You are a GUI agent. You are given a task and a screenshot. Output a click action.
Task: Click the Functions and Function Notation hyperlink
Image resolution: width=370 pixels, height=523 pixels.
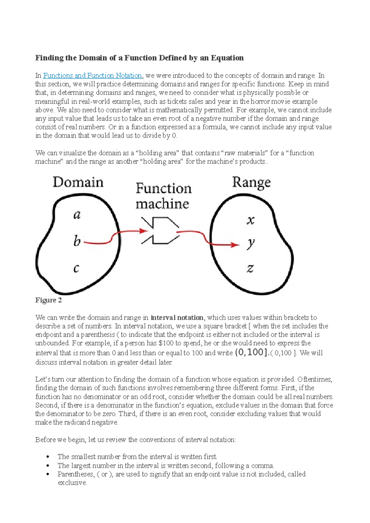[x=92, y=75]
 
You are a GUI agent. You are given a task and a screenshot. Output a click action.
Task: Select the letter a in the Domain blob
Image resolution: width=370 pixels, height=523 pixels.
[x=77, y=215]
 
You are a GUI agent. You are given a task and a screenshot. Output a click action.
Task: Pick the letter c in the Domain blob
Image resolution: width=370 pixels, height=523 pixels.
[x=76, y=269]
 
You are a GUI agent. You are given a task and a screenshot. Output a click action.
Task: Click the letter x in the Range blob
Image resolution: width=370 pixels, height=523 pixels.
[x=250, y=220]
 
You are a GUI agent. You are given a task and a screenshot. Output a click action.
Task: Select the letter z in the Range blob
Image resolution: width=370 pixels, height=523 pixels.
[x=250, y=269]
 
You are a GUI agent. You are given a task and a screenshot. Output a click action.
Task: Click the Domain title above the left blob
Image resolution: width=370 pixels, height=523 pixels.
[x=78, y=182]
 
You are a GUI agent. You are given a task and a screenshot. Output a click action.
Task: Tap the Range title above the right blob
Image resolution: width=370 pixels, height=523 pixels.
[x=251, y=183]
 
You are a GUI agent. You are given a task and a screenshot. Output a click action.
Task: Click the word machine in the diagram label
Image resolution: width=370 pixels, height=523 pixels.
[x=162, y=204]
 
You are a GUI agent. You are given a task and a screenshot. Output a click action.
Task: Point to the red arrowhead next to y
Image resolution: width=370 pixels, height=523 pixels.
[x=236, y=245]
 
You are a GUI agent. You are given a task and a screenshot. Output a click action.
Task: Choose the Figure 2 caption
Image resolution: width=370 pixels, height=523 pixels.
[x=48, y=300]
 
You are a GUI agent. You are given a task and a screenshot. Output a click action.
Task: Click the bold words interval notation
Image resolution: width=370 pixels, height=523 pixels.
[x=177, y=318]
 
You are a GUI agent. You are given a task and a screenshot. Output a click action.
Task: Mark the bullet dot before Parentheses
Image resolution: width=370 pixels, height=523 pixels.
[x=47, y=474]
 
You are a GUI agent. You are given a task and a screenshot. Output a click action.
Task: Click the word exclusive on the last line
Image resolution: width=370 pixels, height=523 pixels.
[x=72, y=483]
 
